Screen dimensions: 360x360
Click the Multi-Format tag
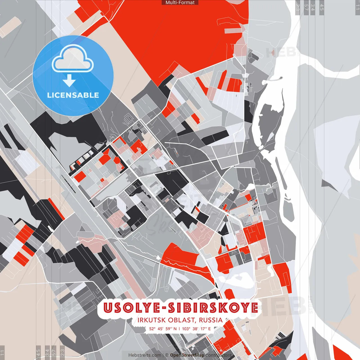[x=180, y=3]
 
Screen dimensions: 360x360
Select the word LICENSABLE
[x=73, y=95]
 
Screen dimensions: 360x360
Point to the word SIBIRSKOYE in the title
[x=213, y=308]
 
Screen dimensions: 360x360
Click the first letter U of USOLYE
[x=108, y=308]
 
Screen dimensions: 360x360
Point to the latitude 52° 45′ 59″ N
[x=163, y=328]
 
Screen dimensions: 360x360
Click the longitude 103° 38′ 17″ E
[x=196, y=328]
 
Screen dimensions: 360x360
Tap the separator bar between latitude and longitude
[x=179, y=328]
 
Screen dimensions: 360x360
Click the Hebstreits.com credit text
[x=145, y=355]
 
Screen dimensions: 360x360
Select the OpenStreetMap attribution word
[x=187, y=355]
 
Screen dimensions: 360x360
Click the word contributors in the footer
[x=219, y=355]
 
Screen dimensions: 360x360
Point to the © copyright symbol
[x=167, y=355]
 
